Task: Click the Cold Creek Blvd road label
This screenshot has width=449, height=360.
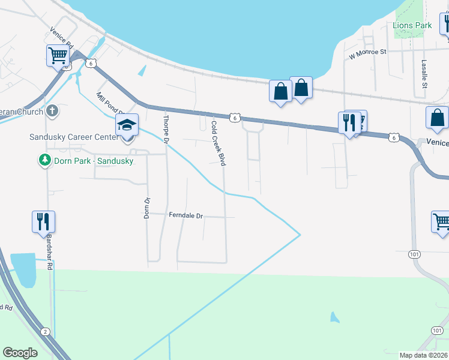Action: click(219, 143)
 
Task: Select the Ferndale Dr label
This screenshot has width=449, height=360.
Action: click(186, 215)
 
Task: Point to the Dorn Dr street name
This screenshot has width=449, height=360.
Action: click(146, 208)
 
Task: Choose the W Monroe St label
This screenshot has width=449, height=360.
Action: click(368, 53)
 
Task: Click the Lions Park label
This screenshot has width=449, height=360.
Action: click(412, 26)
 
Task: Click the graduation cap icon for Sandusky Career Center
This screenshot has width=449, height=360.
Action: click(127, 125)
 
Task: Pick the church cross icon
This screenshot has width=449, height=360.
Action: click(52, 110)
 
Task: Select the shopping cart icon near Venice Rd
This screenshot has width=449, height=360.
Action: click(58, 56)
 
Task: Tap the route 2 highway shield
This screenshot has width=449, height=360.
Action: click(45, 331)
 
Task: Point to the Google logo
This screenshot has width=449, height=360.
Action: click(20, 353)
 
